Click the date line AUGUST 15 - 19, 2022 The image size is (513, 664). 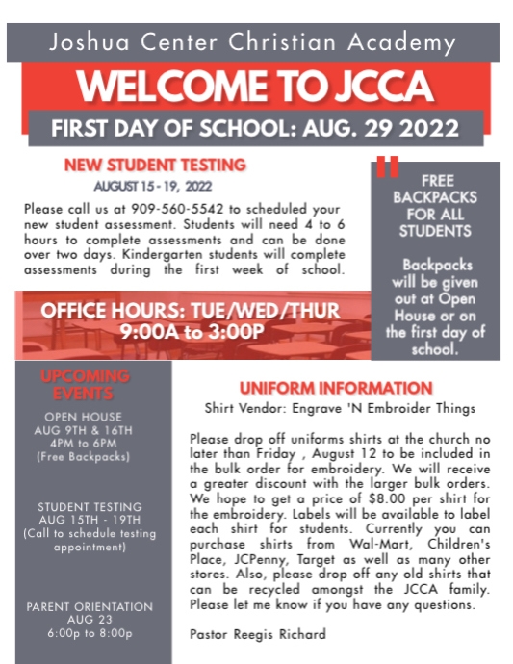[x=153, y=185]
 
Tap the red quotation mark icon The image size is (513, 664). [x=388, y=166]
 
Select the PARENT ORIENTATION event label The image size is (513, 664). [x=89, y=607]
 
